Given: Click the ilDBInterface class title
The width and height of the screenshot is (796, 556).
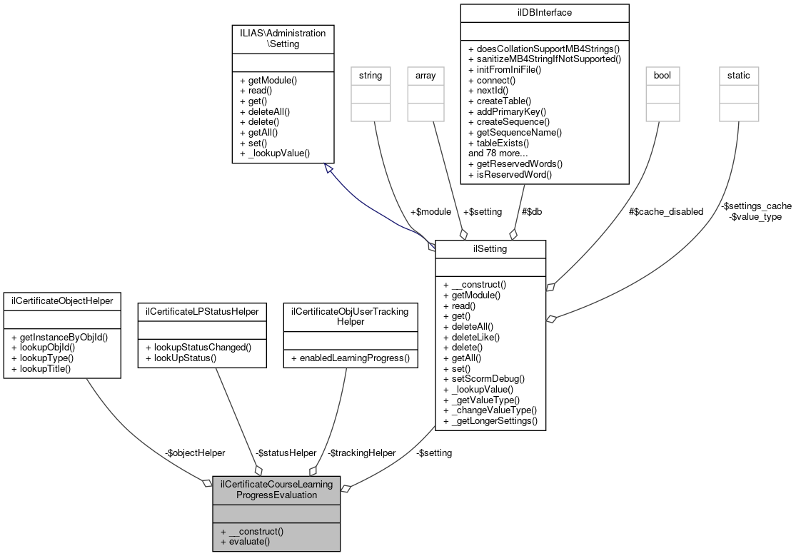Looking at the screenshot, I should [545, 12].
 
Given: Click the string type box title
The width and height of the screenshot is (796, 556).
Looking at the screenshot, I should [370, 75].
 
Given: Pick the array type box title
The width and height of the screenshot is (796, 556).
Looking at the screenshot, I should [421, 75].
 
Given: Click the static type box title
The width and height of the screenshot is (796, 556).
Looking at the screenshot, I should [739, 75].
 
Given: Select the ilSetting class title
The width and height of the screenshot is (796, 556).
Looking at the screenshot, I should [490, 249].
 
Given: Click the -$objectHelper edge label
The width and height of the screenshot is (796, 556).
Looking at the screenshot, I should [195, 453].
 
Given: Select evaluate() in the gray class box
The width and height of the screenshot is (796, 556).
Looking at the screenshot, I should [246, 542].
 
